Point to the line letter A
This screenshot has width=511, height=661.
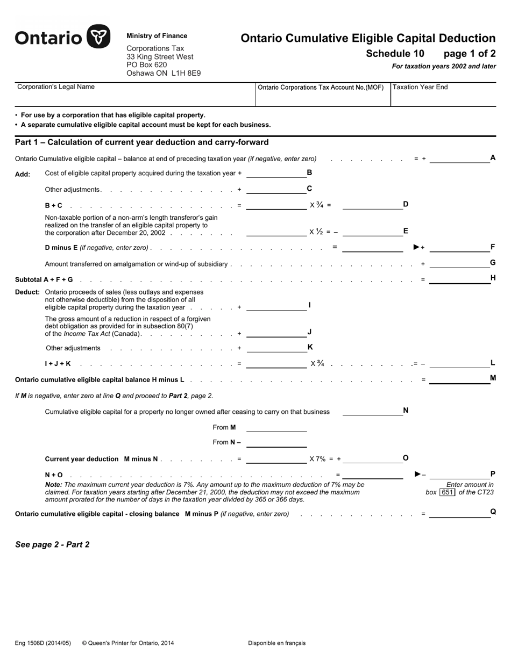coord(493,158)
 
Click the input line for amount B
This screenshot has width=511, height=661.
coord(276,174)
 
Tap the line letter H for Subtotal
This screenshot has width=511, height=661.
coord(493,278)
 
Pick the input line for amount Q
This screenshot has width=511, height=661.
coord(459,514)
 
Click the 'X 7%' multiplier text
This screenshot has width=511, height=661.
coord(317,459)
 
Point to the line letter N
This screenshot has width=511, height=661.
coord(406,411)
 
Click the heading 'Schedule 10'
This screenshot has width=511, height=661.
coord(395,54)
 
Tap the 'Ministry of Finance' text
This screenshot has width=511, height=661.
coord(157,36)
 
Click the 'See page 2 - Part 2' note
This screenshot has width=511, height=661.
coord(52,544)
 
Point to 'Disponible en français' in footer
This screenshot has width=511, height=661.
coord(276,643)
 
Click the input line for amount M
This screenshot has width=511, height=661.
coord(459,380)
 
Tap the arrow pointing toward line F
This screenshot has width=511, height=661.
coord(417,247)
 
